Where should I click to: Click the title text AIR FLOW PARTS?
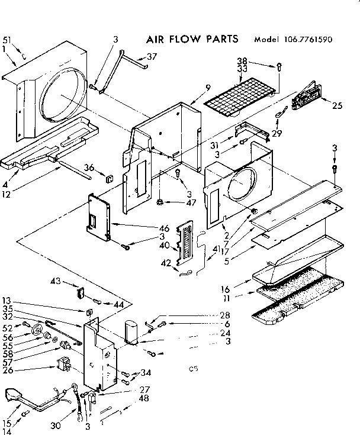tap(192, 39)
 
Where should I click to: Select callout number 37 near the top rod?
tap(152, 57)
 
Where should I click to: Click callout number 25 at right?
tap(337, 106)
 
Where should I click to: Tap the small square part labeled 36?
tap(108, 176)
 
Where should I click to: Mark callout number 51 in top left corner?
tap(7, 40)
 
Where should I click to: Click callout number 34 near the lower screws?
tap(146, 373)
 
